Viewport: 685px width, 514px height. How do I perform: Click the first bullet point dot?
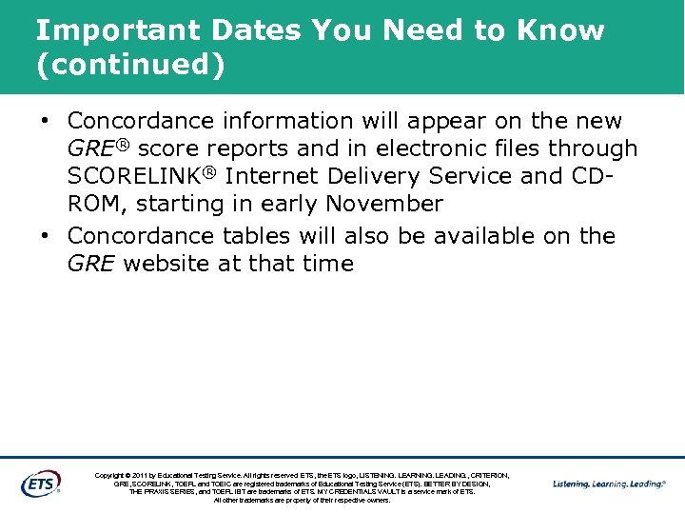pos(45,122)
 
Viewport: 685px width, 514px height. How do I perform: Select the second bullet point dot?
pos(45,236)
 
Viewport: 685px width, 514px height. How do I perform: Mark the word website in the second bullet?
pos(167,264)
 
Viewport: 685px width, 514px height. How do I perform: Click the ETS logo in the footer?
pos(40,484)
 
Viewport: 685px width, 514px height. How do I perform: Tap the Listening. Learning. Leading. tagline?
pos(609,484)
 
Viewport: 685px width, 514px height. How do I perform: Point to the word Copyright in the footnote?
pos(113,475)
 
